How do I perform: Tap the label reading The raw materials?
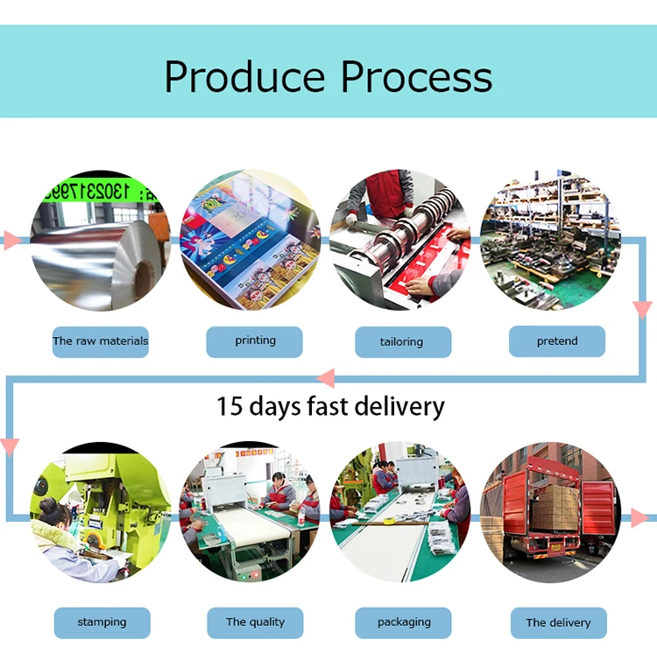100,341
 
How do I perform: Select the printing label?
255,341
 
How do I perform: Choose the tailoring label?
402,342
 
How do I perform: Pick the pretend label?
557,341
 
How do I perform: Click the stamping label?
102,622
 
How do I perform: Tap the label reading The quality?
255,622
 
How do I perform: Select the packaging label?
404,622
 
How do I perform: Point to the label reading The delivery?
558,623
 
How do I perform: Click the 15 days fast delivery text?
330,406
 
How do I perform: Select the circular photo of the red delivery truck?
550,513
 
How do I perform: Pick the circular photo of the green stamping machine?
100,513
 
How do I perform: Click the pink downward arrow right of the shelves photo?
643,309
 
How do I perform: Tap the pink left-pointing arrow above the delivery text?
325,378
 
